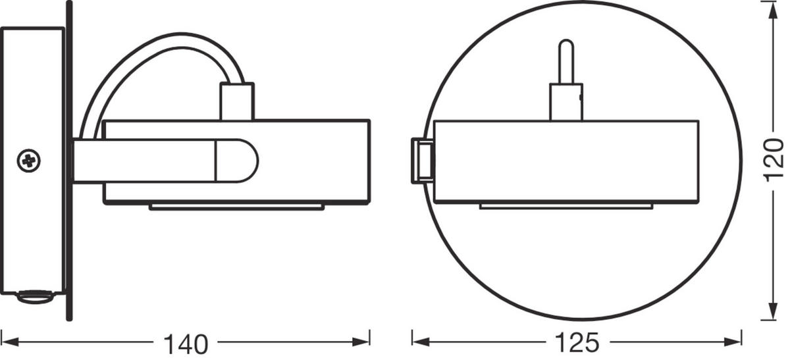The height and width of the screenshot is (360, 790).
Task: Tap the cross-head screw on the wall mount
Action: click(x=29, y=159)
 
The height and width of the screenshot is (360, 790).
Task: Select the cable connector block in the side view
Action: click(x=237, y=102)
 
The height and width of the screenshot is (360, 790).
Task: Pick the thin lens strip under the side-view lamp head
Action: click(x=237, y=207)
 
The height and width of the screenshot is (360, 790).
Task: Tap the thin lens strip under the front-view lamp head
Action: click(x=566, y=207)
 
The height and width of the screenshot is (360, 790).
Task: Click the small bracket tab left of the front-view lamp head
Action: click(x=421, y=161)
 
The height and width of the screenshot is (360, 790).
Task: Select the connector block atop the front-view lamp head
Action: click(x=566, y=102)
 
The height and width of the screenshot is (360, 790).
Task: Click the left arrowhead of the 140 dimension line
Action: click(x=8, y=341)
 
